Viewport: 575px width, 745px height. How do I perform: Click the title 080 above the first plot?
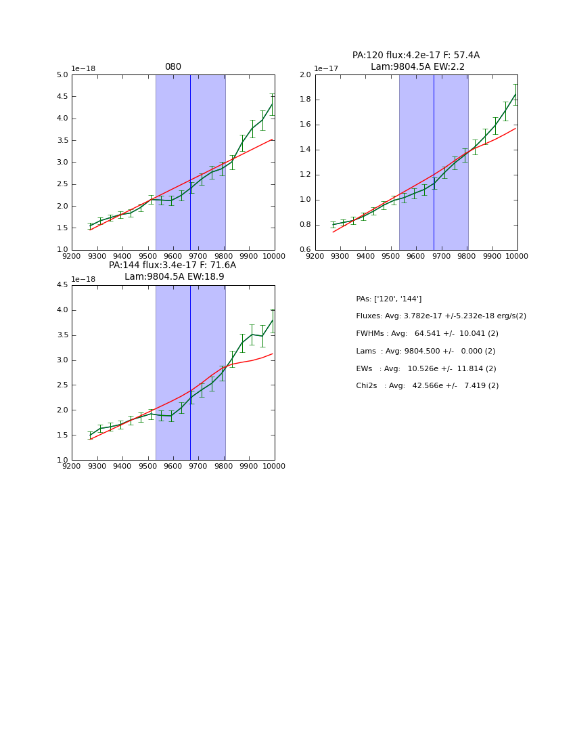(172, 67)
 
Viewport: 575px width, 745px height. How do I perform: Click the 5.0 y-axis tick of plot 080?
(62, 74)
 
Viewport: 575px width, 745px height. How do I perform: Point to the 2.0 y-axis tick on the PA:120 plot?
(306, 74)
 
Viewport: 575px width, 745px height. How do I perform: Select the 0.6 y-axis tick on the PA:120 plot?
(306, 250)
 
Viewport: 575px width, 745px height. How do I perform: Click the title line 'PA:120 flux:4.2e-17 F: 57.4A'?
(415, 56)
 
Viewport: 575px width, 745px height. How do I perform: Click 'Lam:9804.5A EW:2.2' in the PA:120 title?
(417, 66)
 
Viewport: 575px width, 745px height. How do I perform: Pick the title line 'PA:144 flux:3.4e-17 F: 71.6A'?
(172, 265)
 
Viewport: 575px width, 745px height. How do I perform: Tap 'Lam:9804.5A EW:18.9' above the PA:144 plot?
(174, 276)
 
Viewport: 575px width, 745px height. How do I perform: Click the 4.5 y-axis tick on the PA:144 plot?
(62, 285)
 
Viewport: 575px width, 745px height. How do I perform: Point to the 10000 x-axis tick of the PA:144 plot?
(274, 466)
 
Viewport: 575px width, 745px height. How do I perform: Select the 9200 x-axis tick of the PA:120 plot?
(315, 256)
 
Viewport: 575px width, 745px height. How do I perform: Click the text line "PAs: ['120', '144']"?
(388, 299)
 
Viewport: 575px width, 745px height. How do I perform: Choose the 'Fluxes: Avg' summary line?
(440, 316)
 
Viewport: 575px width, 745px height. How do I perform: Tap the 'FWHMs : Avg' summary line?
(427, 333)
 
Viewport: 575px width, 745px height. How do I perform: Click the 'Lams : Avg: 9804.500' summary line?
(425, 351)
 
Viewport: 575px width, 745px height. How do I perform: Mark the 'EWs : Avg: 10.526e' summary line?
(425, 368)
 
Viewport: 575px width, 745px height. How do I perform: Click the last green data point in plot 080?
(272, 104)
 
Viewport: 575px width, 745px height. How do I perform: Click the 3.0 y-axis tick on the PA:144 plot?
(62, 360)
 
